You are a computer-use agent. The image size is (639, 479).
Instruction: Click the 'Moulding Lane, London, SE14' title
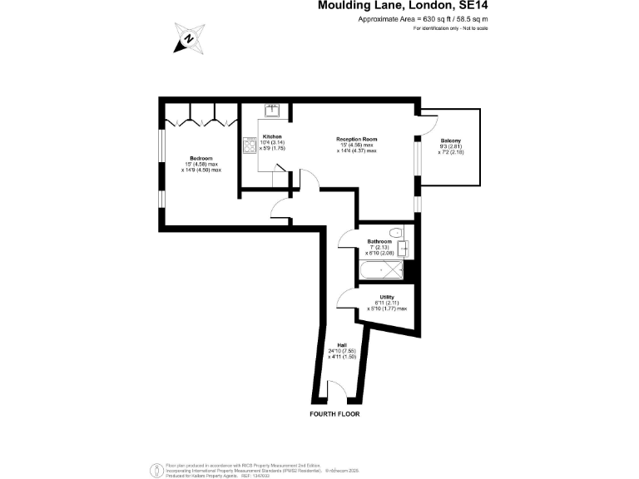[x=403, y=6]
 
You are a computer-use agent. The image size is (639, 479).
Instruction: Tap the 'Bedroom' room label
[x=201, y=158]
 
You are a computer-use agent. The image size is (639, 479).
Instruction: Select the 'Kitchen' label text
[x=272, y=136]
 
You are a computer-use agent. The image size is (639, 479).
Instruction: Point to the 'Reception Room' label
[x=357, y=139]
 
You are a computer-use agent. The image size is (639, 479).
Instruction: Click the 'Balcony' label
[x=451, y=141]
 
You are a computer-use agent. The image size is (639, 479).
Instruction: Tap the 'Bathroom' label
[x=379, y=241]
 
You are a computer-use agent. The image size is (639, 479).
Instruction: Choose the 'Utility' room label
[x=387, y=296]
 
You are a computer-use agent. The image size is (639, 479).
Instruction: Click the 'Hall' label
[x=341, y=345]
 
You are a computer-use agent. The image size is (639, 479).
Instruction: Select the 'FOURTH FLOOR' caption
[x=336, y=413]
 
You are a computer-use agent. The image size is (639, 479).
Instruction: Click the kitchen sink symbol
[x=272, y=109]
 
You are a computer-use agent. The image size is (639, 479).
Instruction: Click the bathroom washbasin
[x=404, y=247]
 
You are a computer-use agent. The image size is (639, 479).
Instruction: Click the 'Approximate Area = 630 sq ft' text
[x=422, y=18]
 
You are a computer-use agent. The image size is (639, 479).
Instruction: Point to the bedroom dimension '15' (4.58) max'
[x=201, y=164]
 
